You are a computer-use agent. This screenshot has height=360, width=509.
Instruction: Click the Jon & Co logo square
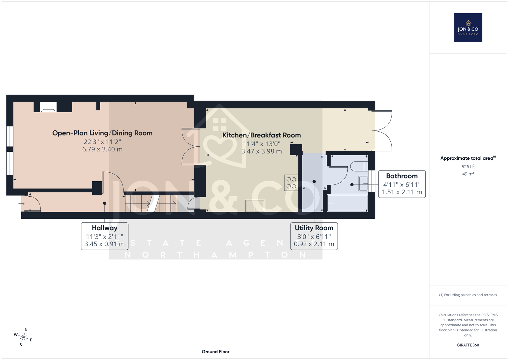coord(468,27)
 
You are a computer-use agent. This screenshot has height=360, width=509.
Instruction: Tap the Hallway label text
coord(105,228)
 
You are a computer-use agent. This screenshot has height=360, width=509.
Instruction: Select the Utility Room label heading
coord(314,228)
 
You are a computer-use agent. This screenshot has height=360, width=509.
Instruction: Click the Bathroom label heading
coord(402,176)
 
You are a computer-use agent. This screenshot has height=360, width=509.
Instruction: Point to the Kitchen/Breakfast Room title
coord(261,135)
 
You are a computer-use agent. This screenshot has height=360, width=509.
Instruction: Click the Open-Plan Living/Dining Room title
coord(102,133)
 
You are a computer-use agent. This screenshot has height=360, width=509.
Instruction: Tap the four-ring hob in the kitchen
coord(291,183)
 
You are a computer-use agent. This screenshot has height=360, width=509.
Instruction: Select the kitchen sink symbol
coord(255,206)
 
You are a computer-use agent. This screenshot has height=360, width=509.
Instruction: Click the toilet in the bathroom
coord(359,166)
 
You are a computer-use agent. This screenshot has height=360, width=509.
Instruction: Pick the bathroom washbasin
coord(363,183)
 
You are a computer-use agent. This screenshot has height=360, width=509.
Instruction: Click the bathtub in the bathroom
coord(347,203)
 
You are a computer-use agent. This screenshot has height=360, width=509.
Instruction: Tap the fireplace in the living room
coord(48,107)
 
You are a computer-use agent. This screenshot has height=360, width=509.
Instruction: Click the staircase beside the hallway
coord(150,204)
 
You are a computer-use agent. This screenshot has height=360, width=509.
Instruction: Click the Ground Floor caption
coord(216,352)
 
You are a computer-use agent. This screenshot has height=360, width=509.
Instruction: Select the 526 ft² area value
coord(468,167)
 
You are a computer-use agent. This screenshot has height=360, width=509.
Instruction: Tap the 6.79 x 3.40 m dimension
coord(102,149)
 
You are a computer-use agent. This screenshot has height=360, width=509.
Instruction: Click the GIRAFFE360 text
coord(468,345)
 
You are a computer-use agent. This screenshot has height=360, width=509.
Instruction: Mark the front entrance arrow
coord(21,203)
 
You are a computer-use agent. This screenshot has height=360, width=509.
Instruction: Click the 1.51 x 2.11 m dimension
coord(402,192)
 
